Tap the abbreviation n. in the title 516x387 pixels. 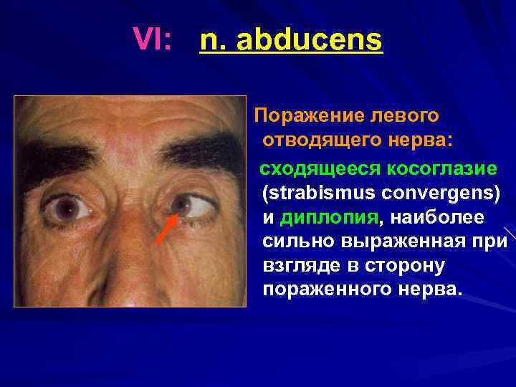pyautogui.click(x=214, y=41)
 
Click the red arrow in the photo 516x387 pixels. pyautogui.click(x=166, y=228)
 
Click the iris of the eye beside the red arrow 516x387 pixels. pyautogui.click(x=184, y=206)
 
